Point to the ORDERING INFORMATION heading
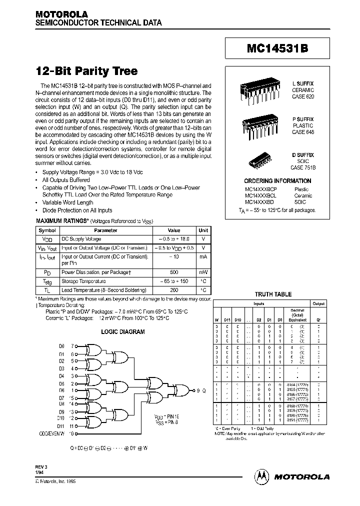click(x=277, y=181)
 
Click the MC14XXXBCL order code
click(x=260, y=196)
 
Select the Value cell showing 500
click(x=173, y=272)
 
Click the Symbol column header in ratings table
click(x=47, y=230)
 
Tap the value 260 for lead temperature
click(x=173, y=290)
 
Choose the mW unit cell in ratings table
click(x=203, y=272)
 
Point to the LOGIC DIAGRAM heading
click(x=122, y=331)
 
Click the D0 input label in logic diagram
click(x=61, y=345)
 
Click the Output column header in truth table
click(x=318, y=303)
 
